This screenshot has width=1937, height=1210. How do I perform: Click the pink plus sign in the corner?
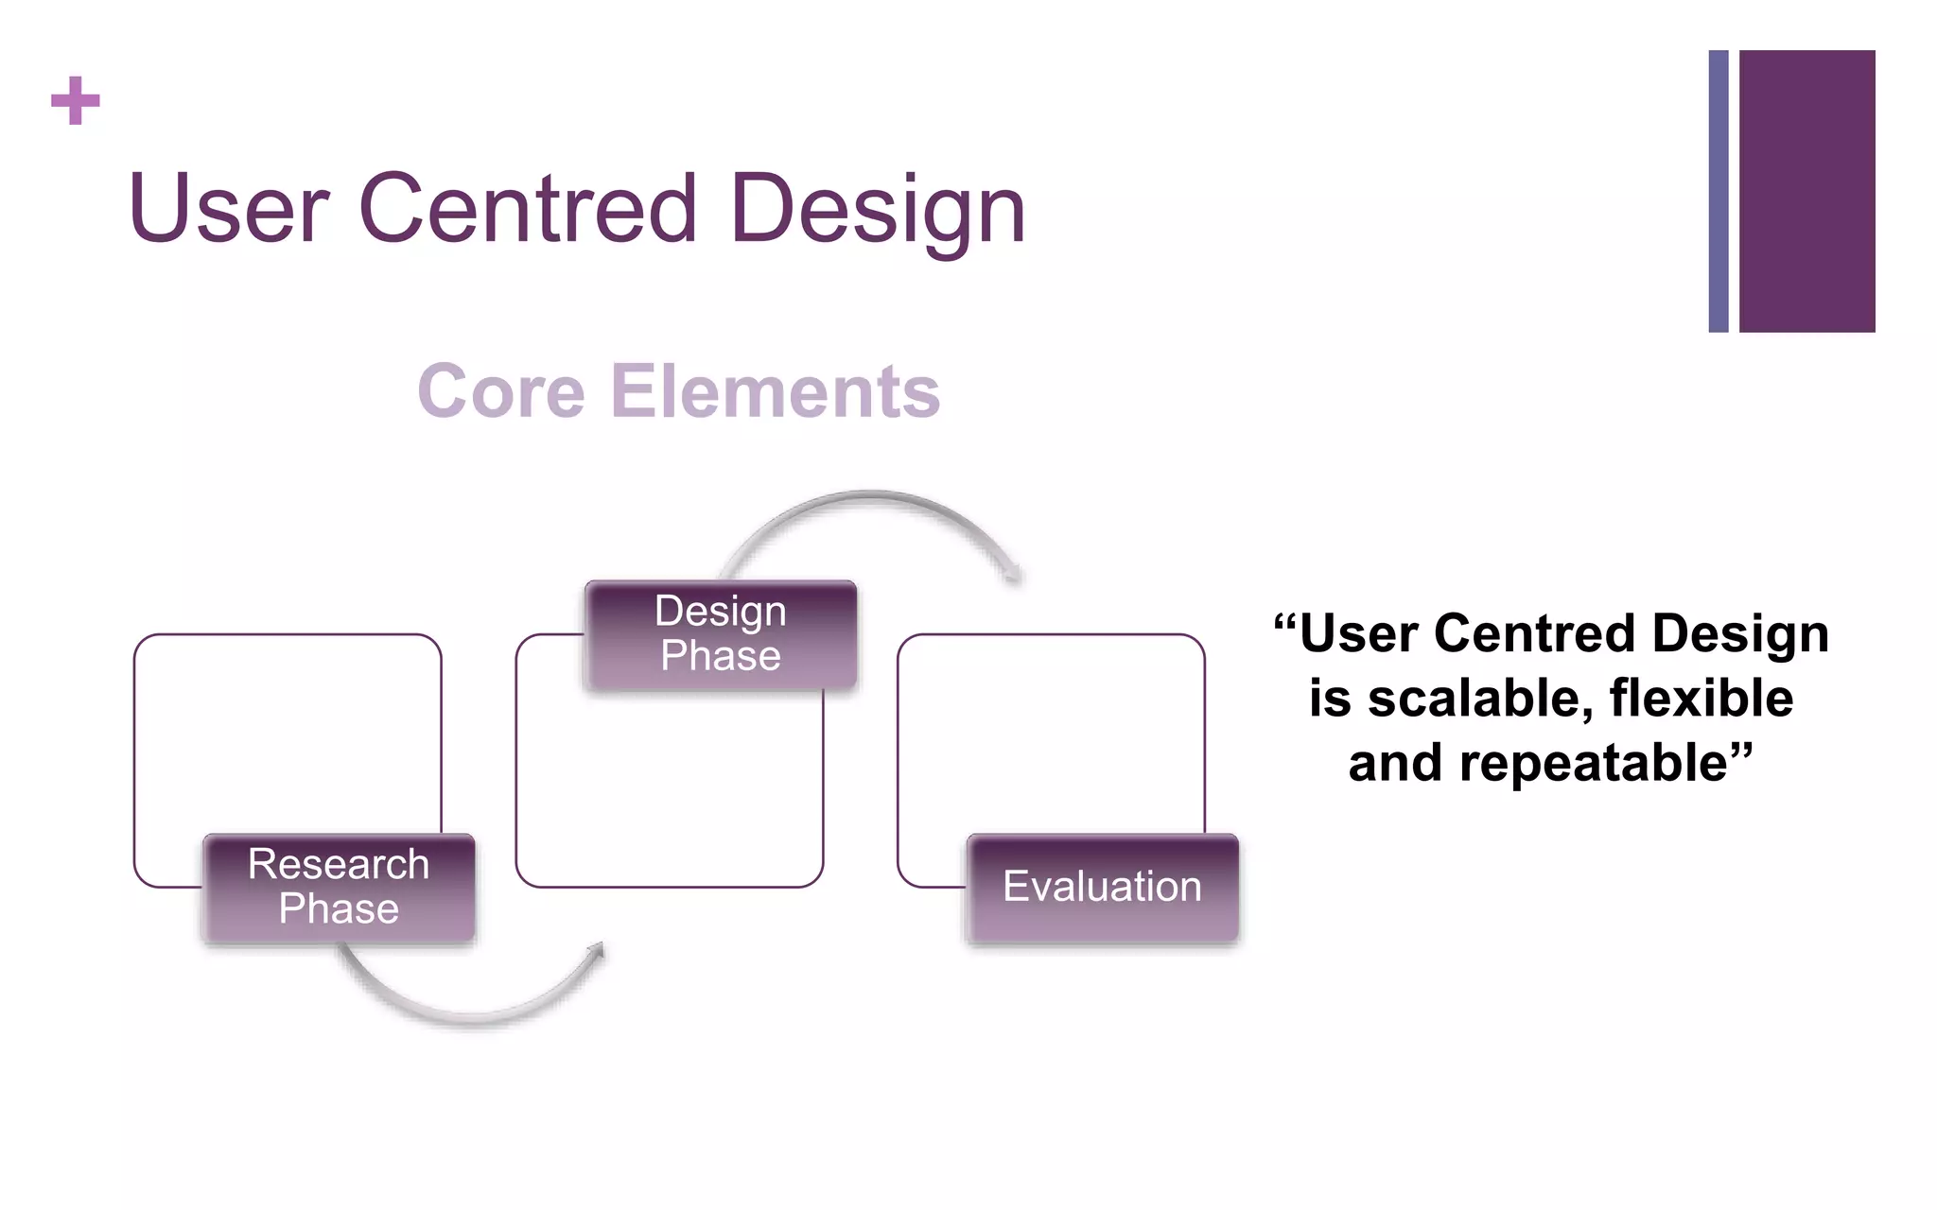click(75, 100)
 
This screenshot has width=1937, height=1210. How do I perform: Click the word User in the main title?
click(228, 209)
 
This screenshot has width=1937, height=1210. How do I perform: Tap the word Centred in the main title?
click(528, 209)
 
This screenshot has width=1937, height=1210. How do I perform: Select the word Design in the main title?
click(878, 211)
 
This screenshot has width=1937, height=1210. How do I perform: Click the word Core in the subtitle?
click(501, 391)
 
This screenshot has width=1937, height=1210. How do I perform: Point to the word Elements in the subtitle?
click(776, 391)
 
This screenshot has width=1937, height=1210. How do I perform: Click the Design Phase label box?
click(721, 634)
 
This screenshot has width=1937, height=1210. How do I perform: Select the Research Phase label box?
click(339, 888)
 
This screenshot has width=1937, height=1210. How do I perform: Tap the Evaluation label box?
click(1102, 888)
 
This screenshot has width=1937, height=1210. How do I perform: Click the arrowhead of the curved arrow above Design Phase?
click(1014, 573)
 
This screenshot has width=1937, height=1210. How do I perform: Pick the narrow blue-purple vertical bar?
click(1719, 191)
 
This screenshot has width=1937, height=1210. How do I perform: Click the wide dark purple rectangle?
click(1806, 191)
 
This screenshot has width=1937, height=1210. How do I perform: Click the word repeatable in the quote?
click(1594, 763)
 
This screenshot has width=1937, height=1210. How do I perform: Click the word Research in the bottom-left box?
click(339, 864)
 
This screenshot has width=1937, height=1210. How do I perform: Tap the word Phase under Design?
click(721, 656)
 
